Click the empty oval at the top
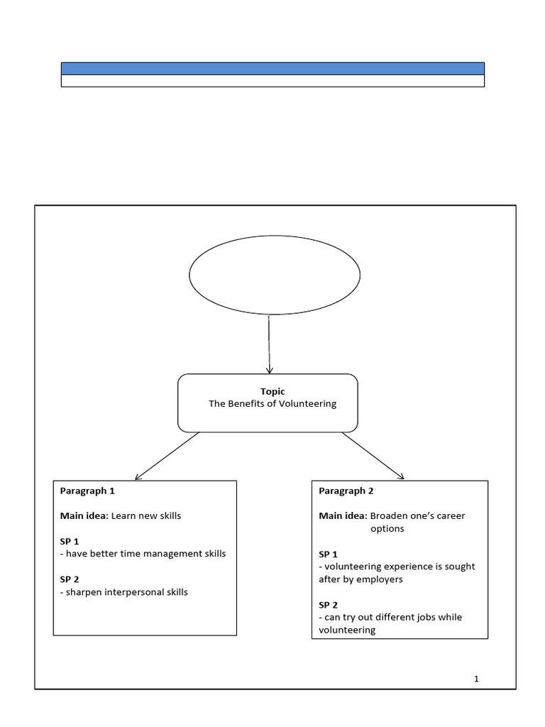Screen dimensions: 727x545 (x=274, y=274)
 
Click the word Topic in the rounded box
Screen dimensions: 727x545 (x=272, y=391)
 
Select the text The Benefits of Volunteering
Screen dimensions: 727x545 (x=272, y=403)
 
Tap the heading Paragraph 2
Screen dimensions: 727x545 (x=346, y=491)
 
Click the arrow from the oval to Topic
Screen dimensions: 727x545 (x=269, y=344)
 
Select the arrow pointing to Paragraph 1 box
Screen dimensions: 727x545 (x=167, y=457)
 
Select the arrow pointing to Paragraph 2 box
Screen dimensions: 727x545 (x=373, y=457)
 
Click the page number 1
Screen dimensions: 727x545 (x=477, y=679)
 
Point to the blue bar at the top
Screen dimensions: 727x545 (x=272, y=68)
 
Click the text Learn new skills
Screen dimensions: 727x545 (x=146, y=515)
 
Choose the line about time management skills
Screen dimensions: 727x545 (x=143, y=553)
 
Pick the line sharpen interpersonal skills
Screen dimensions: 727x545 (x=124, y=591)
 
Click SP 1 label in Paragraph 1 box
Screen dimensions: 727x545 (x=70, y=541)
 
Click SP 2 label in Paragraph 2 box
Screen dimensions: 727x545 (x=329, y=604)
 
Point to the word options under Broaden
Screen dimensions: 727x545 (x=387, y=529)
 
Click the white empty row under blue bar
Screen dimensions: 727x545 (x=272, y=81)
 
